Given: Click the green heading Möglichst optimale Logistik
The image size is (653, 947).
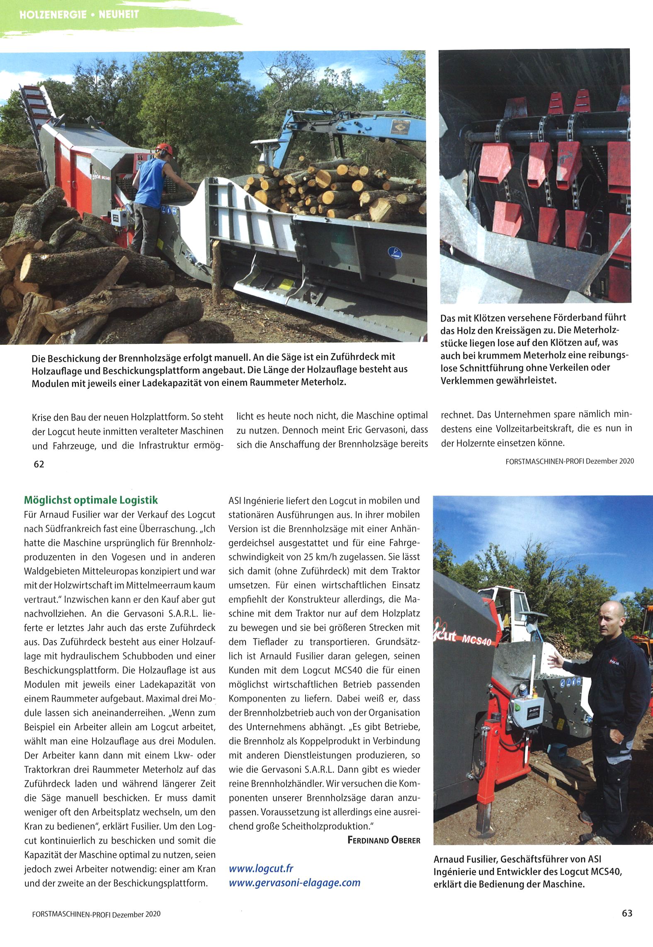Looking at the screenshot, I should [x=91, y=500].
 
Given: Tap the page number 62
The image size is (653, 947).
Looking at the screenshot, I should [x=39, y=464].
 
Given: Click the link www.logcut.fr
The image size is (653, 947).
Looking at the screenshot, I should [x=261, y=868].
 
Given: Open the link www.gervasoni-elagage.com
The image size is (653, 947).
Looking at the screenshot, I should [x=294, y=882].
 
